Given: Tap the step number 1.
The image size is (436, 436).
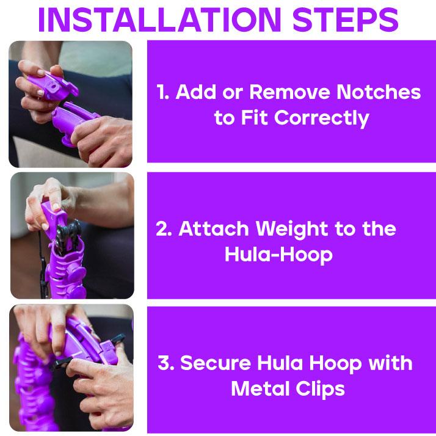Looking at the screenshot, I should click(x=162, y=92).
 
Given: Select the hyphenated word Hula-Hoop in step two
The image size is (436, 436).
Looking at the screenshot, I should click(x=278, y=254).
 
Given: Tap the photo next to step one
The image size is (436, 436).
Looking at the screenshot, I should click(x=71, y=104).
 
